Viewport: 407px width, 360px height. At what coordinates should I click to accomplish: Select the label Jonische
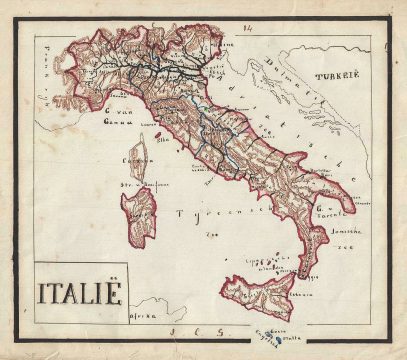click(x=340, y=233)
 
